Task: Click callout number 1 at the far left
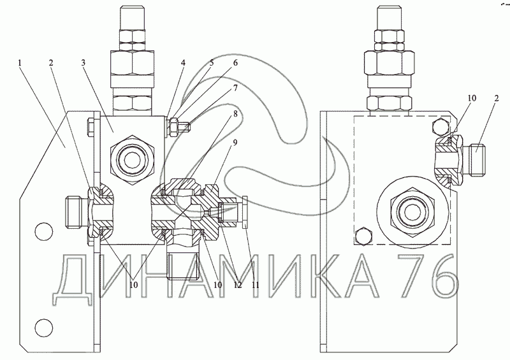[x=20, y=63]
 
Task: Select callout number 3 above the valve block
[x=84, y=63]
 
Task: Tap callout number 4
[x=184, y=63]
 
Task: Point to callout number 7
[x=235, y=88]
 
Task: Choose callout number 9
[x=235, y=143]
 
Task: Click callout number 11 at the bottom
[x=256, y=285]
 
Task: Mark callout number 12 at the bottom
[x=238, y=285]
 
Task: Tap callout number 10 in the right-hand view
[x=472, y=98]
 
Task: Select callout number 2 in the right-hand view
[x=496, y=98]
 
